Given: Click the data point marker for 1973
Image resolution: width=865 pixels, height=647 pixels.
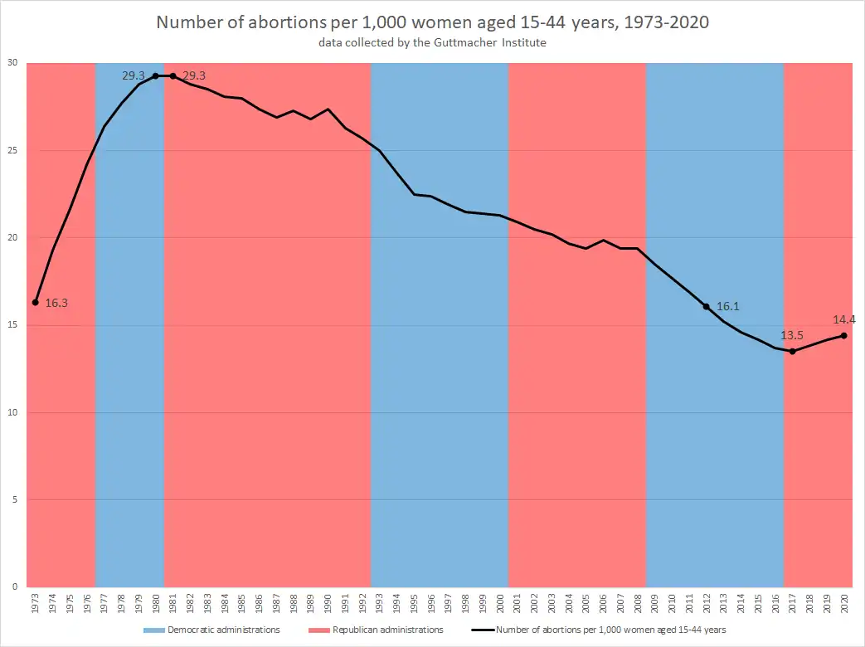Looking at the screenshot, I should (35, 302).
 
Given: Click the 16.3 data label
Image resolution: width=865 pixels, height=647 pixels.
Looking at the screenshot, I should (56, 304).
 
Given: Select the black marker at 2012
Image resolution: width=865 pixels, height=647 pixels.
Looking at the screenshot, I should (707, 306).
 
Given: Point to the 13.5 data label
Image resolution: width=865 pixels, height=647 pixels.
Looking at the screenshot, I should (792, 336).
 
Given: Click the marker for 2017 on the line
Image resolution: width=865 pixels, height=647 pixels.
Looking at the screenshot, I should (793, 352).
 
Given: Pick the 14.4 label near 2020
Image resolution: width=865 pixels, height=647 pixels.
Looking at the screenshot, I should (845, 319).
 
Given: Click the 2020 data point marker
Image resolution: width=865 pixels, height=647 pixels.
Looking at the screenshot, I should (844, 335).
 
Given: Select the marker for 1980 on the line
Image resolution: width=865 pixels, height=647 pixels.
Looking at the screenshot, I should (155, 75).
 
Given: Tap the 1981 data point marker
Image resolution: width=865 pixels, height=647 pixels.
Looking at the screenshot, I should (173, 75).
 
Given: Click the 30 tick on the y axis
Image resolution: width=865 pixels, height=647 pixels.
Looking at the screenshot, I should (13, 63).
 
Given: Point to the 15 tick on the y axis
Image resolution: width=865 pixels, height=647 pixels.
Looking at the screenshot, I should (13, 325).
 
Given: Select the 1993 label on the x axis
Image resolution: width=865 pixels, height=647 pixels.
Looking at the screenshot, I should (379, 604).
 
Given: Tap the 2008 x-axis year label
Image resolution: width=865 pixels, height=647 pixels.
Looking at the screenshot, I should (638, 604).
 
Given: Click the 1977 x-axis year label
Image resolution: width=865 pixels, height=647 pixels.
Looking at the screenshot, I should (104, 604).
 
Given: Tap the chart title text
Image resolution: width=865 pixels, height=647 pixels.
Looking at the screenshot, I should (432, 22).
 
